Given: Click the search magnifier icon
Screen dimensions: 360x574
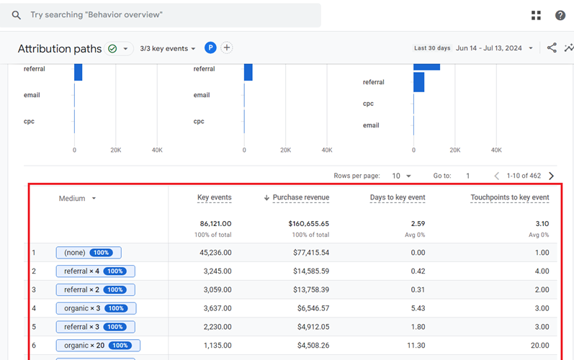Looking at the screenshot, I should pyautogui.click(x=17, y=15).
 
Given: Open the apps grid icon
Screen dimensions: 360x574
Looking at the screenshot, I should pyautogui.click(x=536, y=15).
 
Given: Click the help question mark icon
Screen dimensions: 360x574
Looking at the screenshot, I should pyautogui.click(x=560, y=15).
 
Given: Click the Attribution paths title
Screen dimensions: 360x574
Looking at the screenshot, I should pyautogui.click(x=59, y=49).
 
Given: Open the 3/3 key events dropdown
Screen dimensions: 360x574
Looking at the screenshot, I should pyautogui.click(x=168, y=49).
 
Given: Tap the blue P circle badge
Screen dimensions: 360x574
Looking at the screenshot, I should pyautogui.click(x=210, y=48).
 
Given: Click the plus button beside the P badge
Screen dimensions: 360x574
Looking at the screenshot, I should pyautogui.click(x=227, y=48).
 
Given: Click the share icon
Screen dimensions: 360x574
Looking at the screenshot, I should pyautogui.click(x=552, y=48).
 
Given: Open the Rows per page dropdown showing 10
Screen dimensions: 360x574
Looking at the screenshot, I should pyautogui.click(x=401, y=176).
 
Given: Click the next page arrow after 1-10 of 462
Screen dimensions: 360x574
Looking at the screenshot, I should pyautogui.click(x=551, y=176).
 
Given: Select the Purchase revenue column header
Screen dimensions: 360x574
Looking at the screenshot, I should pyautogui.click(x=300, y=198).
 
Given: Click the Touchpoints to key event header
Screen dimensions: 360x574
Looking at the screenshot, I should pyautogui.click(x=509, y=198).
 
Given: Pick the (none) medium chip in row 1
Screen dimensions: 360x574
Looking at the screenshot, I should pyautogui.click(x=89, y=253).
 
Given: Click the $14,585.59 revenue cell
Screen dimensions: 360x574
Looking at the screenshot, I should pyautogui.click(x=306, y=271).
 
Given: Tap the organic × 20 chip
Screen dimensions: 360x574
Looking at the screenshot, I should pyautogui.click(x=98, y=346).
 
